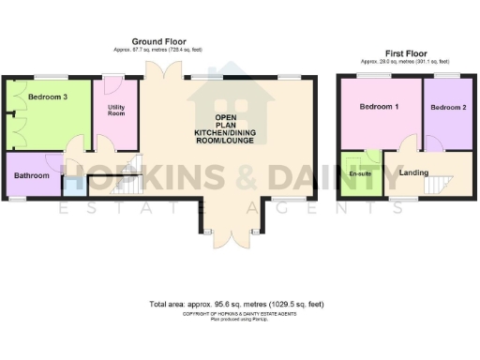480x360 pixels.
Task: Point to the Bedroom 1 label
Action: [380, 108]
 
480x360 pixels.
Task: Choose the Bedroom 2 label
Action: [448, 108]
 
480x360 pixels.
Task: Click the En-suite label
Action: [360, 174]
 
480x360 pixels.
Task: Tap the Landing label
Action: [413, 172]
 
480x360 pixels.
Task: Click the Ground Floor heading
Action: [158, 41]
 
